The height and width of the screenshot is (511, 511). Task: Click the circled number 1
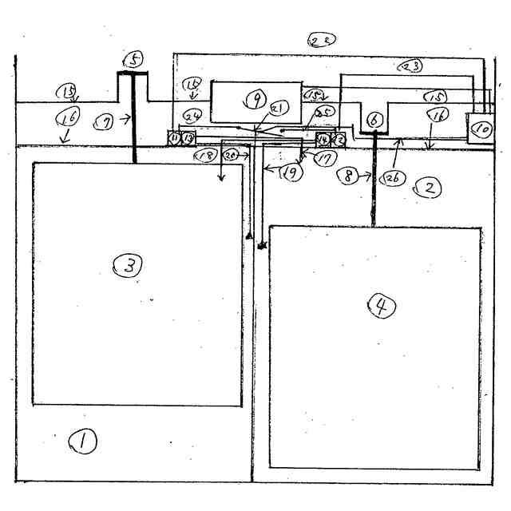click(83, 440)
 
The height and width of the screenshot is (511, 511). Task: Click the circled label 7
click(105, 121)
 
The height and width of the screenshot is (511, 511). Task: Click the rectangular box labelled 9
click(255, 101)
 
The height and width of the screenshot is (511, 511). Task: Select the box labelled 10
click(481, 127)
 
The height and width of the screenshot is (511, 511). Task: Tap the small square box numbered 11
click(173, 138)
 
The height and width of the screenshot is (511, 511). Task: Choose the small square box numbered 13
click(188, 138)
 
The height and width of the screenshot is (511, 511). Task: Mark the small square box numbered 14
click(323, 140)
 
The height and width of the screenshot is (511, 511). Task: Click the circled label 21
click(279, 108)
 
